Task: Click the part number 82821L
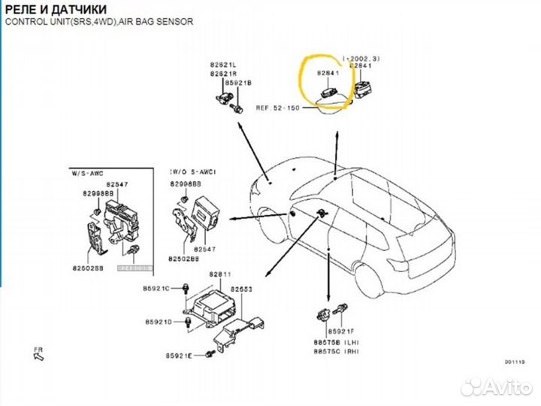pos(222,66)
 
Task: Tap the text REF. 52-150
pos(277,108)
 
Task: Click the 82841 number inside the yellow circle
pos(328,74)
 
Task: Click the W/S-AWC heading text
pos(89,172)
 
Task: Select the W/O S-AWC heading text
pos(193,172)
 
